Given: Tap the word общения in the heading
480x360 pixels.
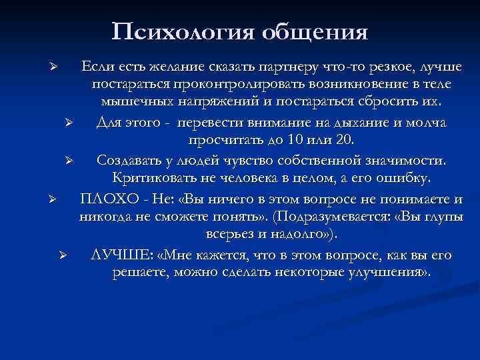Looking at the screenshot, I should tap(315, 31).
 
